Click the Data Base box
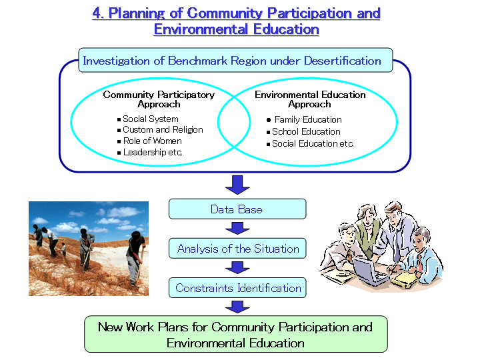237,209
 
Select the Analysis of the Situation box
237,248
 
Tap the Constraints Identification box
237,288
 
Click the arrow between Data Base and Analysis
237,229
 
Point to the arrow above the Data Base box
237,185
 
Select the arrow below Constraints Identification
237,307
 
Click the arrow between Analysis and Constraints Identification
237,267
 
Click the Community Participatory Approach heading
159,99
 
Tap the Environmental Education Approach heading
310,99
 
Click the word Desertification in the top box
342,61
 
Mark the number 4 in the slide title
97,13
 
